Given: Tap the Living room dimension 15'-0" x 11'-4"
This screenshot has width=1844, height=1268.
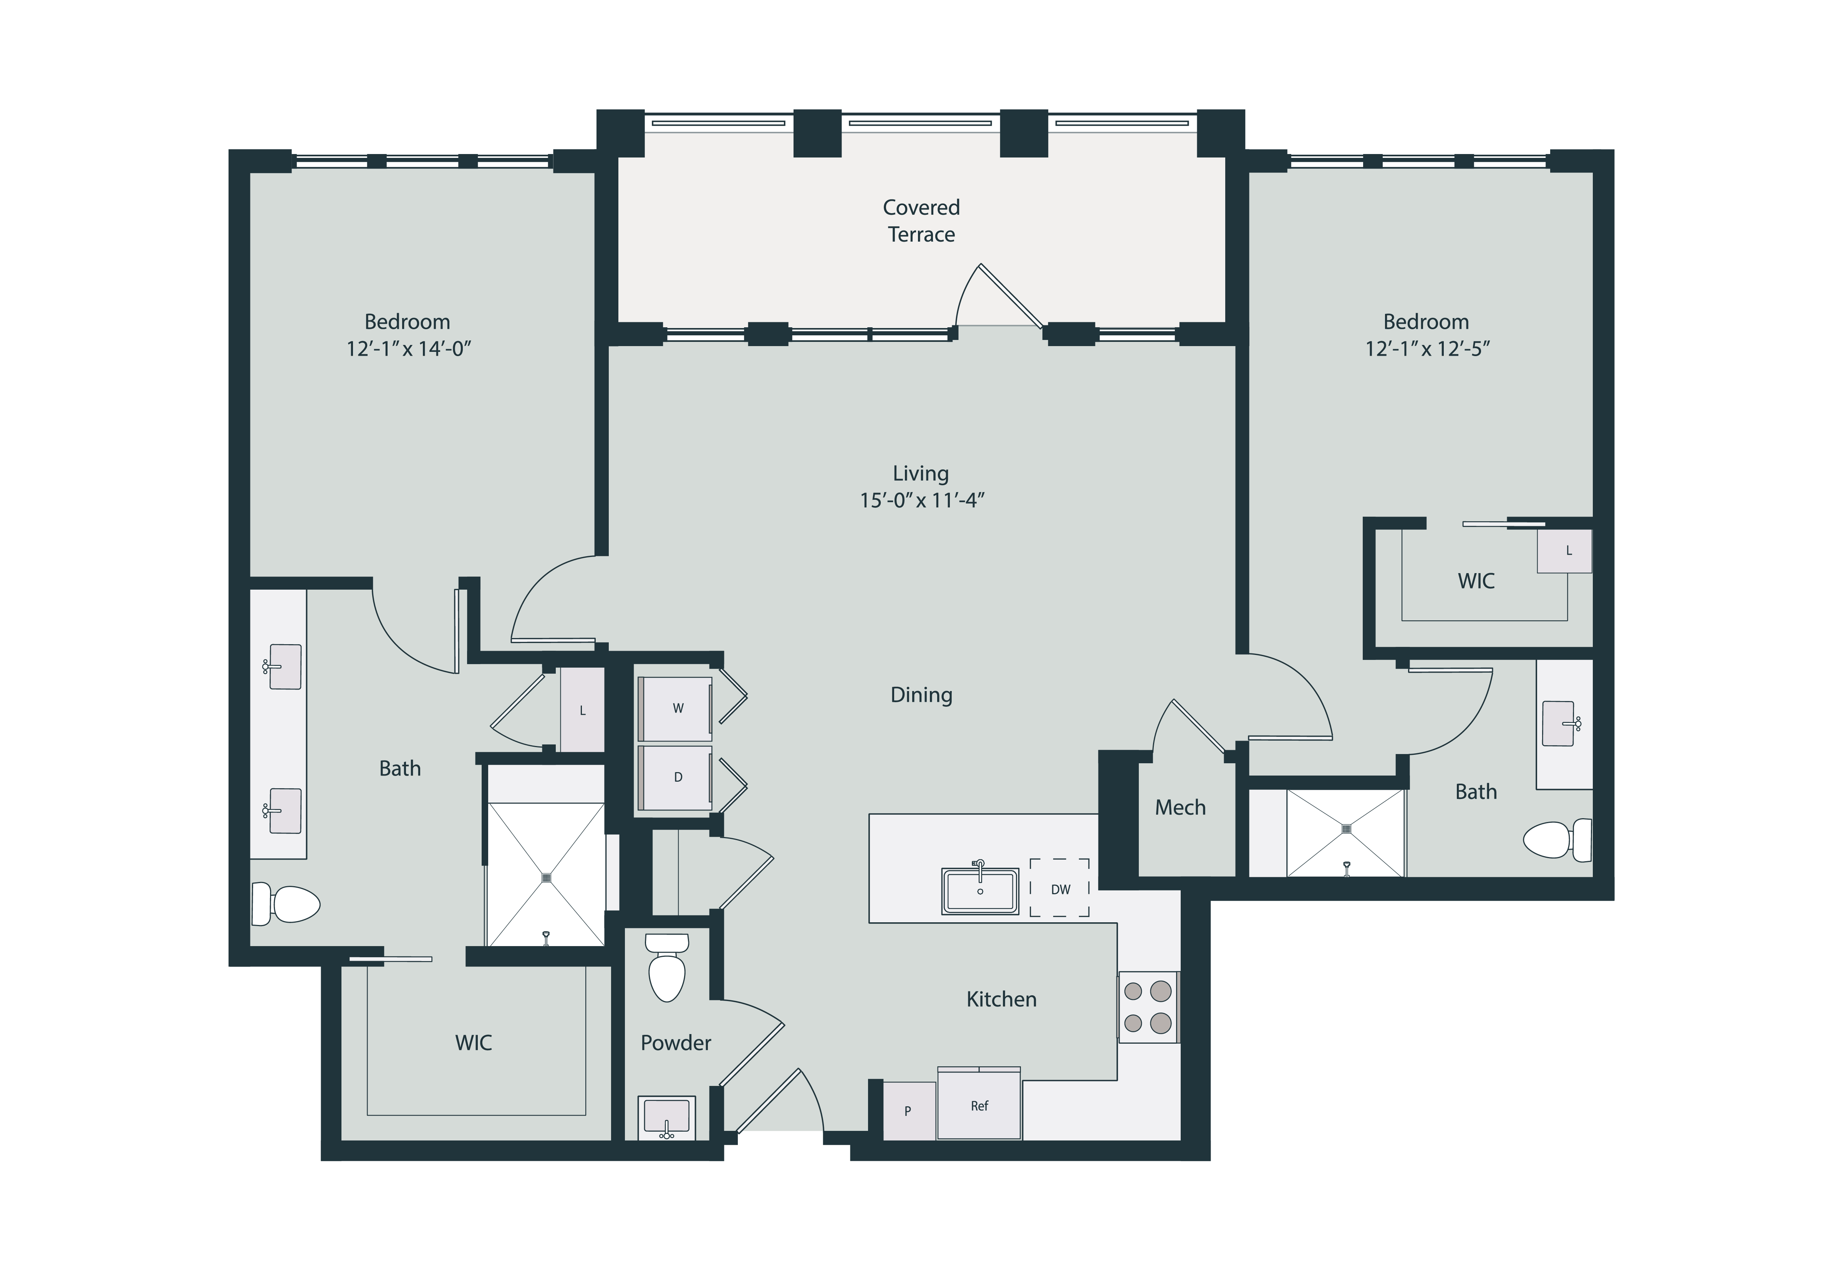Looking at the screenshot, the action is pos(921,500).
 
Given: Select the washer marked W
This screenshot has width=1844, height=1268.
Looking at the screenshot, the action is pos(676,709).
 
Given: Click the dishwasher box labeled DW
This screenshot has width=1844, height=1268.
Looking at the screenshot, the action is pos(1060,887).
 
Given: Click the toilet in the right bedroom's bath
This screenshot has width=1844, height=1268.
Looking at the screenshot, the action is pos(1557,839).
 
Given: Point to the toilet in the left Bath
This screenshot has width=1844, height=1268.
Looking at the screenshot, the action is pos(286,904).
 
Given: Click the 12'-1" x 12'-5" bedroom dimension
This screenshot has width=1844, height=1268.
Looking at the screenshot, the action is pos(1428,349).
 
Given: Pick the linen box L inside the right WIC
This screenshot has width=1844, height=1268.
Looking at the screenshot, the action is pos(1564,550).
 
